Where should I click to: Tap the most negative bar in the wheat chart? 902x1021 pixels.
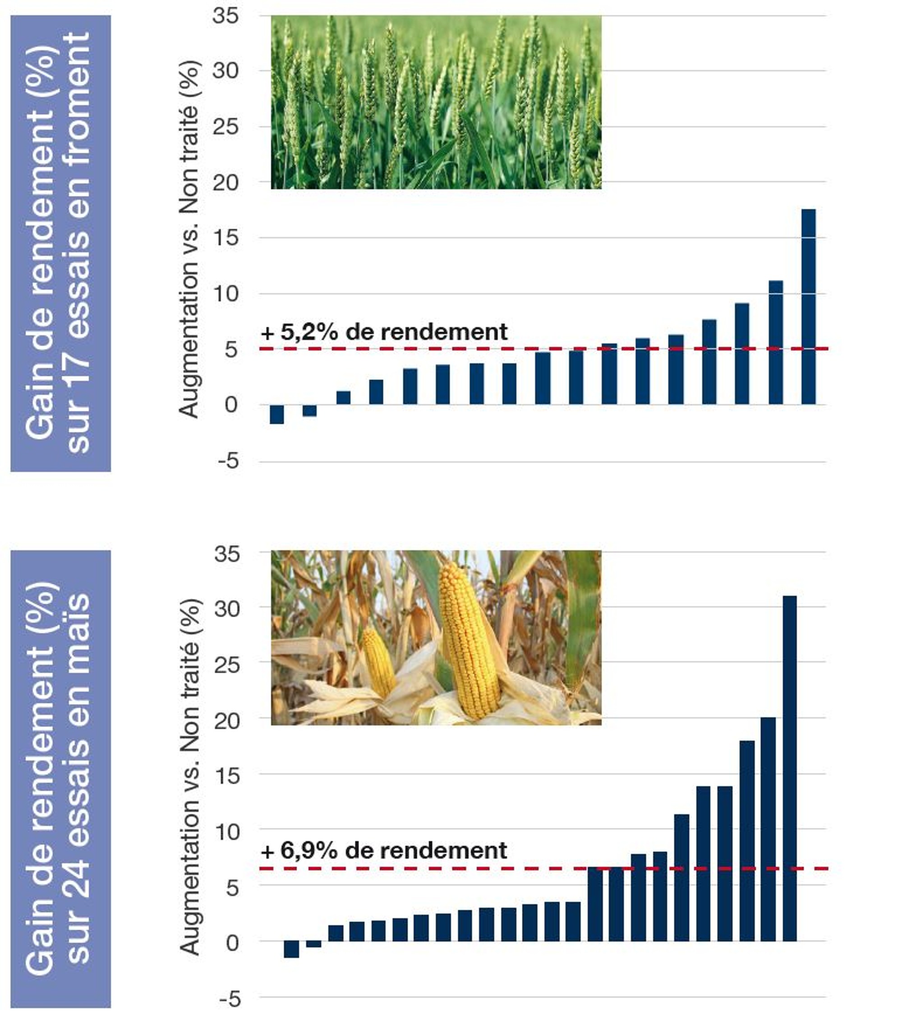(x=277, y=414)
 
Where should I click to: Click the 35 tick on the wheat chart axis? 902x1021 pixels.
(x=226, y=16)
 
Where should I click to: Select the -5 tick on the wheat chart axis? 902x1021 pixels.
(x=228, y=461)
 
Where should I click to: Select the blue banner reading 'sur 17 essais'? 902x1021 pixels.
(x=60, y=243)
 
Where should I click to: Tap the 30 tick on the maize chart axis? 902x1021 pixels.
(x=227, y=609)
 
